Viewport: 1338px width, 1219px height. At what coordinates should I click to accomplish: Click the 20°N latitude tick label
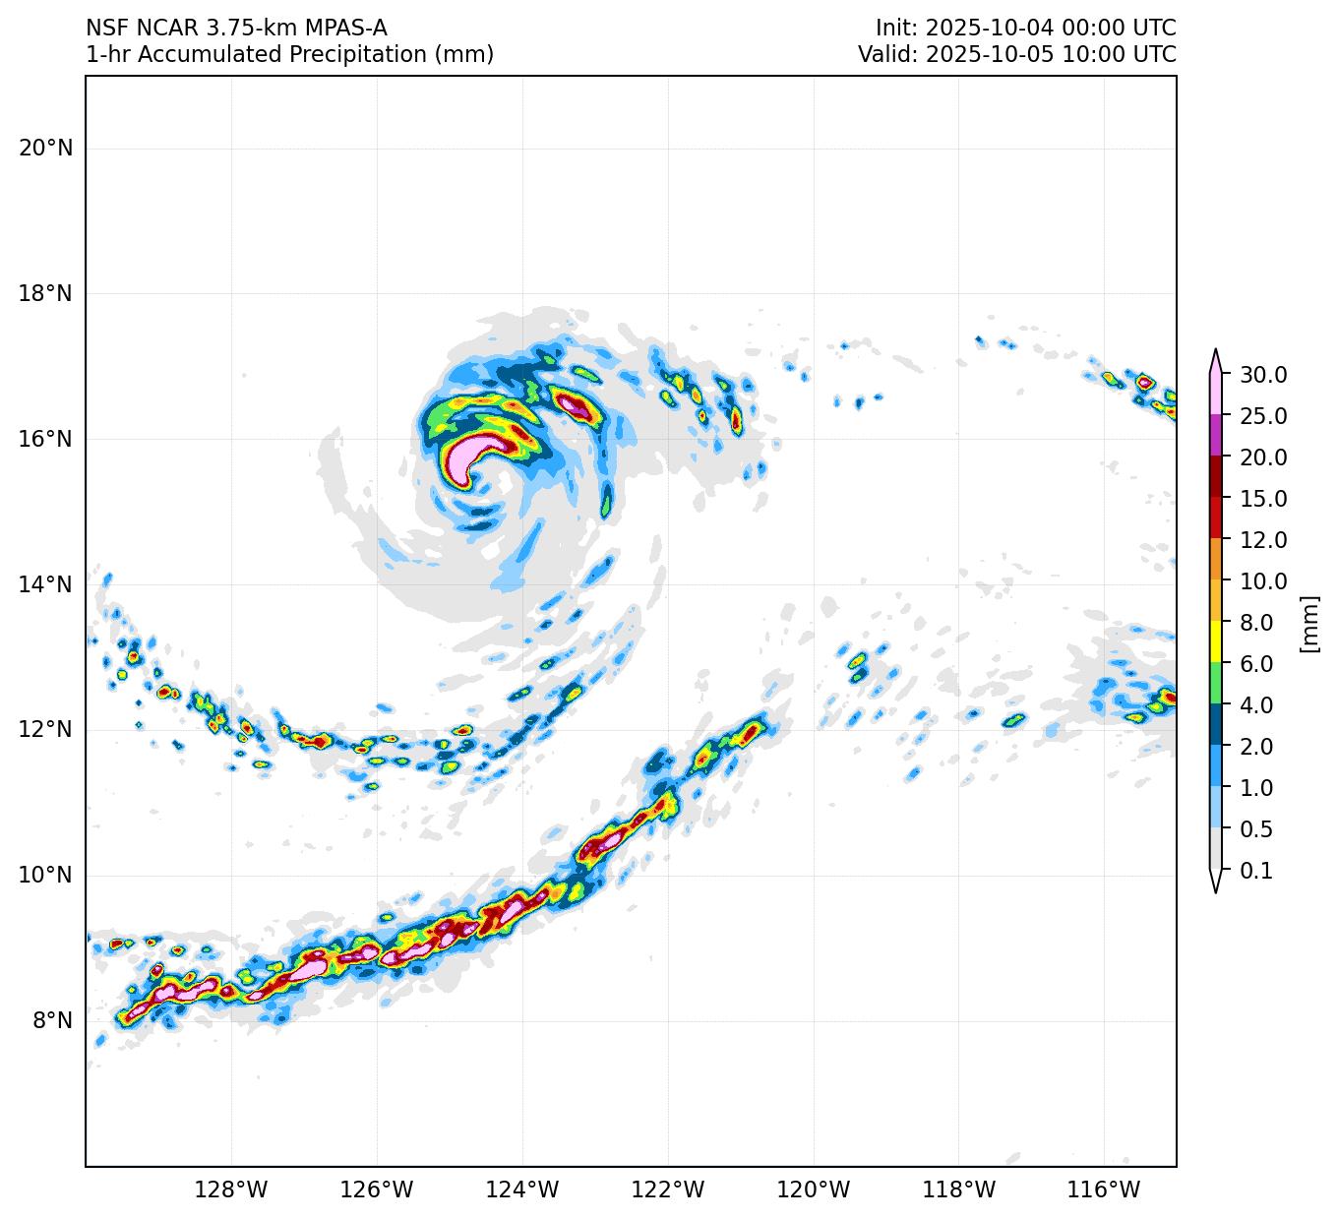click(45, 148)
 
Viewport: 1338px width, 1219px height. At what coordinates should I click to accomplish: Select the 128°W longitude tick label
click(231, 1190)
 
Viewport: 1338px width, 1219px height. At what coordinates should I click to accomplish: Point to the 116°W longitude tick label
click(1105, 1190)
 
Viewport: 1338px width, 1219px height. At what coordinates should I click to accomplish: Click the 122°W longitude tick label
click(668, 1190)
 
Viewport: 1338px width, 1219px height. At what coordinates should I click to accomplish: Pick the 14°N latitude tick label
click(45, 584)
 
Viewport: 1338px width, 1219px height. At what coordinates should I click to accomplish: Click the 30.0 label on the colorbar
click(1263, 375)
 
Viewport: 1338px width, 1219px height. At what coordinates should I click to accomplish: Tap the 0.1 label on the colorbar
click(1256, 871)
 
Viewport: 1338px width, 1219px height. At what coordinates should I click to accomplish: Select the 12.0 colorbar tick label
click(1263, 540)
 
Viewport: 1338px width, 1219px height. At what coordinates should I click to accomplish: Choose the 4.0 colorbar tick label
click(1256, 705)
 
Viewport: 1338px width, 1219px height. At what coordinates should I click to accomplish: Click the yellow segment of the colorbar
click(1216, 641)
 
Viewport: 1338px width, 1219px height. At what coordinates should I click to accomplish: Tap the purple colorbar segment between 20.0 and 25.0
click(1216, 435)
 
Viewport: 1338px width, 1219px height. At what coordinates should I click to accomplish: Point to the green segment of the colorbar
click(1216, 683)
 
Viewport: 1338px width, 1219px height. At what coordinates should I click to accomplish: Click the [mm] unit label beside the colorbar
click(1308, 623)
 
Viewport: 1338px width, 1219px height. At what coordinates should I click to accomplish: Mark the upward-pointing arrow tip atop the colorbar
click(1216, 350)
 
